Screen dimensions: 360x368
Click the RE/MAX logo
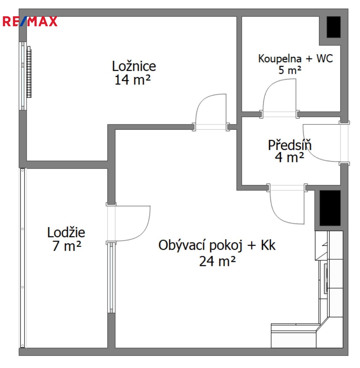(30, 21)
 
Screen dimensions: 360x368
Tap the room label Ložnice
(134, 66)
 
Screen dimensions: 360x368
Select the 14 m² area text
(133, 80)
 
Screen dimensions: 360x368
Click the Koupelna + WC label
(295, 59)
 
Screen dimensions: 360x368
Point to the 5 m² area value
(290, 70)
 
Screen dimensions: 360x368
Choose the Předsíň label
(290, 145)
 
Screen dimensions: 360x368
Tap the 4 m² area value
(290, 157)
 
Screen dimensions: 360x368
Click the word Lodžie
(66, 232)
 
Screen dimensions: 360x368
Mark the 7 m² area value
(66, 246)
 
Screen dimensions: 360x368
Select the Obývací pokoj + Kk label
(217, 245)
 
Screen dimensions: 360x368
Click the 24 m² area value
(218, 261)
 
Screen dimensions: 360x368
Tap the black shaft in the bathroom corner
(334, 27)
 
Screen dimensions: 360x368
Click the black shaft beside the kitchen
(330, 208)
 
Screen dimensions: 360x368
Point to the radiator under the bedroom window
(29, 72)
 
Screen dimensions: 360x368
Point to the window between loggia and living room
(111, 278)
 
